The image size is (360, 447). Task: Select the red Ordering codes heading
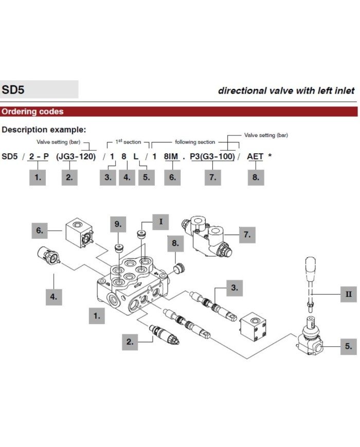pyautogui.click(x=32, y=112)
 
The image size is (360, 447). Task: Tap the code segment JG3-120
pyautogui.click(x=76, y=156)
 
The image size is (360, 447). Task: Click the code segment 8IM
pyautogui.click(x=171, y=156)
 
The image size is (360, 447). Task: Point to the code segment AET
pyautogui.click(x=256, y=156)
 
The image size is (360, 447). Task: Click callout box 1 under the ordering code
pyautogui.click(x=37, y=177)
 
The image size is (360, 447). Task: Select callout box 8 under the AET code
pyautogui.click(x=256, y=177)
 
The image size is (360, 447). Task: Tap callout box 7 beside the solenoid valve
pyautogui.click(x=247, y=235)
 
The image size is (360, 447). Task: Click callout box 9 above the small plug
pyautogui.click(x=118, y=224)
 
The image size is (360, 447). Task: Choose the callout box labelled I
pyautogui.click(x=160, y=222)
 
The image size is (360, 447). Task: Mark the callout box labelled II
pyautogui.click(x=348, y=294)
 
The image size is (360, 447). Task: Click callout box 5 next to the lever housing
pyautogui.click(x=348, y=346)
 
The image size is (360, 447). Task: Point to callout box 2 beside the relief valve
pyautogui.click(x=130, y=341)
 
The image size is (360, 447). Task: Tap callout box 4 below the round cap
pyautogui.click(x=53, y=296)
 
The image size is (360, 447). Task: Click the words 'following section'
pyautogui.click(x=195, y=142)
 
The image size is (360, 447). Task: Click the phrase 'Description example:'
pyautogui.click(x=44, y=130)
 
